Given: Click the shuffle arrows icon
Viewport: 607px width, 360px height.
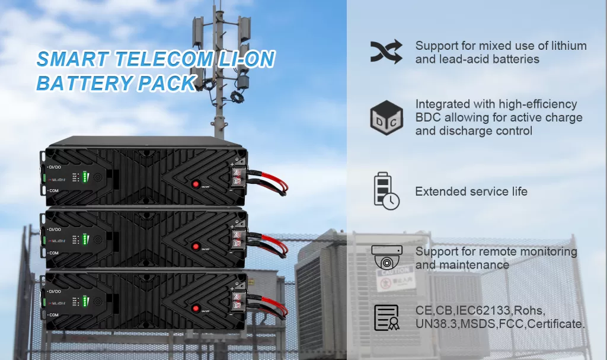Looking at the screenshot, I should click(x=386, y=52).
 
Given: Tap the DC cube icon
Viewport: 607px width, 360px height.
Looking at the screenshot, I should click(x=386, y=118).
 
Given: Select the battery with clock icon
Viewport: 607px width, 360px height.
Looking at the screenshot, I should click(x=386, y=191).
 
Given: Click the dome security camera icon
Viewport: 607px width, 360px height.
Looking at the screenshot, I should click(x=386, y=257).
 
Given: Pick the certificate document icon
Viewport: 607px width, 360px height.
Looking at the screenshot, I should click(x=386, y=317).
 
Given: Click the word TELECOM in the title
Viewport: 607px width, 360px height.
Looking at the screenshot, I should click(x=156, y=59).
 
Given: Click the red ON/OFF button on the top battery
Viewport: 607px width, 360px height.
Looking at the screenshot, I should click(x=196, y=184).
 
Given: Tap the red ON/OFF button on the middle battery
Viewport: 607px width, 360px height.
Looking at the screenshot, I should click(x=196, y=246).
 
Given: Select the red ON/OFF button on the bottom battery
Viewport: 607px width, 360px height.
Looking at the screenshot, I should click(x=196, y=307).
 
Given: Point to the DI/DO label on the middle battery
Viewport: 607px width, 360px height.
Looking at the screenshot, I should click(x=55, y=230).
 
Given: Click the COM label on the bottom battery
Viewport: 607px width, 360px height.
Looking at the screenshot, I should click(x=54, y=314).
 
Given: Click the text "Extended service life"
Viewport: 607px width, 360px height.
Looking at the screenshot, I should click(x=471, y=192).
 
